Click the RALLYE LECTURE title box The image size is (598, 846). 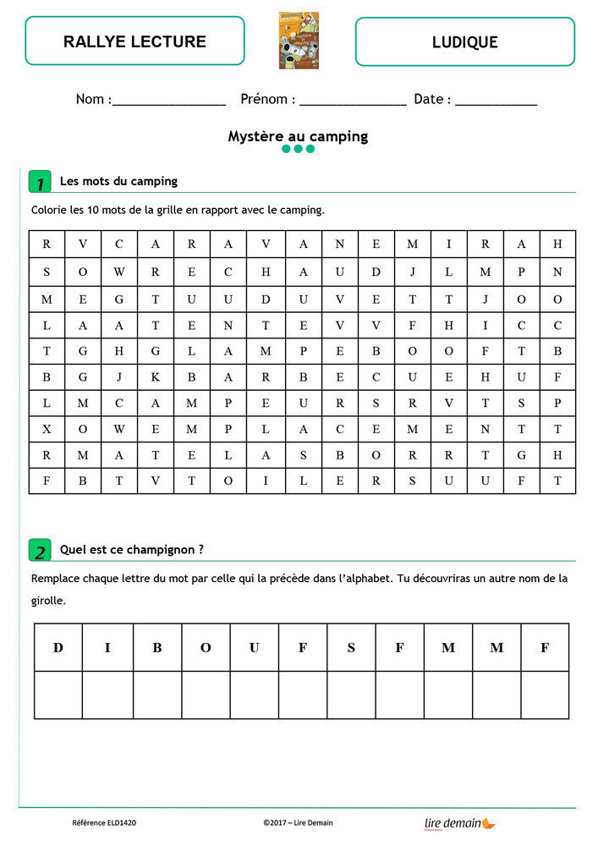(x=134, y=41)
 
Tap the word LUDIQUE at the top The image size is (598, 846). (x=464, y=41)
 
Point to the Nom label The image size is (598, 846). (x=92, y=99)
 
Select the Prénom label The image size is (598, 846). (x=267, y=99)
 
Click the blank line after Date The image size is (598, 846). (x=496, y=102)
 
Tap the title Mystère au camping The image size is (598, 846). (x=298, y=135)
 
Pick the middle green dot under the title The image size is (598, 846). (x=299, y=149)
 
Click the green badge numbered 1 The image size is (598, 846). (x=40, y=182)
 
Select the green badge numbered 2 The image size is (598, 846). (x=40, y=551)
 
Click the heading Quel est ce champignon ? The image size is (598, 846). (x=131, y=549)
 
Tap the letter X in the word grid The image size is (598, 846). (x=47, y=429)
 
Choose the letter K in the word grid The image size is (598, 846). (x=156, y=376)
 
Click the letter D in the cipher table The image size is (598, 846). (x=58, y=648)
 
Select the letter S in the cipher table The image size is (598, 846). (x=351, y=648)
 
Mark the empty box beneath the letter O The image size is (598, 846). (x=206, y=695)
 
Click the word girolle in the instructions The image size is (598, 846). (x=47, y=602)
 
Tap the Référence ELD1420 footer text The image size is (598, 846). (x=105, y=822)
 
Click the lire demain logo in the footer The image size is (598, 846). (x=459, y=822)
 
